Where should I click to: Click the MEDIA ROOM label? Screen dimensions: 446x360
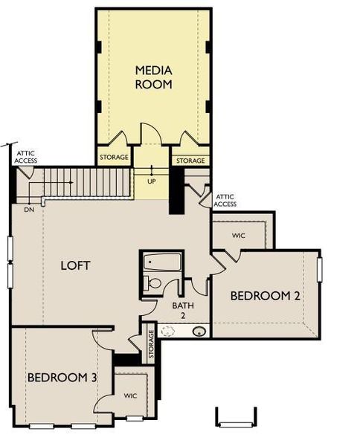click(x=153, y=77)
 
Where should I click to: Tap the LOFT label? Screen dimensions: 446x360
click(x=76, y=265)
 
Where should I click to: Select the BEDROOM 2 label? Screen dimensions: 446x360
click(x=265, y=296)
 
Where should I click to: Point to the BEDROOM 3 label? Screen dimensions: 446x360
click(x=62, y=378)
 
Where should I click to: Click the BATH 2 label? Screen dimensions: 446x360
click(x=183, y=310)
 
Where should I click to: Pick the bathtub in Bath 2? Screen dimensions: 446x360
click(x=162, y=262)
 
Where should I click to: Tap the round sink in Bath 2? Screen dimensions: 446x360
click(x=199, y=331)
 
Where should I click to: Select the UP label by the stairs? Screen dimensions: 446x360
click(x=152, y=181)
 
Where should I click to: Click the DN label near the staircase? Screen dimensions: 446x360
click(x=28, y=210)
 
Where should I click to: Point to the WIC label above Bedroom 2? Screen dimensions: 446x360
click(x=238, y=236)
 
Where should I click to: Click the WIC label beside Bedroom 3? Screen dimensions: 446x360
click(x=131, y=395)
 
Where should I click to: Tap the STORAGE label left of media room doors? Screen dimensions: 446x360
click(x=115, y=158)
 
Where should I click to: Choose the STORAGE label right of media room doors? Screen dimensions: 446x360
click(x=191, y=161)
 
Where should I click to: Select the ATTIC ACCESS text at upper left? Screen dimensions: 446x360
click(x=26, y=158)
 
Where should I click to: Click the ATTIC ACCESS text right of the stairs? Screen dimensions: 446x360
click(x=225, y=201)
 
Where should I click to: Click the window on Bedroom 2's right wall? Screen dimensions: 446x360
click(x=319, y=269)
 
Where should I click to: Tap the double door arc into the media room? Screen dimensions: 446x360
click(x=152, y=134)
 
